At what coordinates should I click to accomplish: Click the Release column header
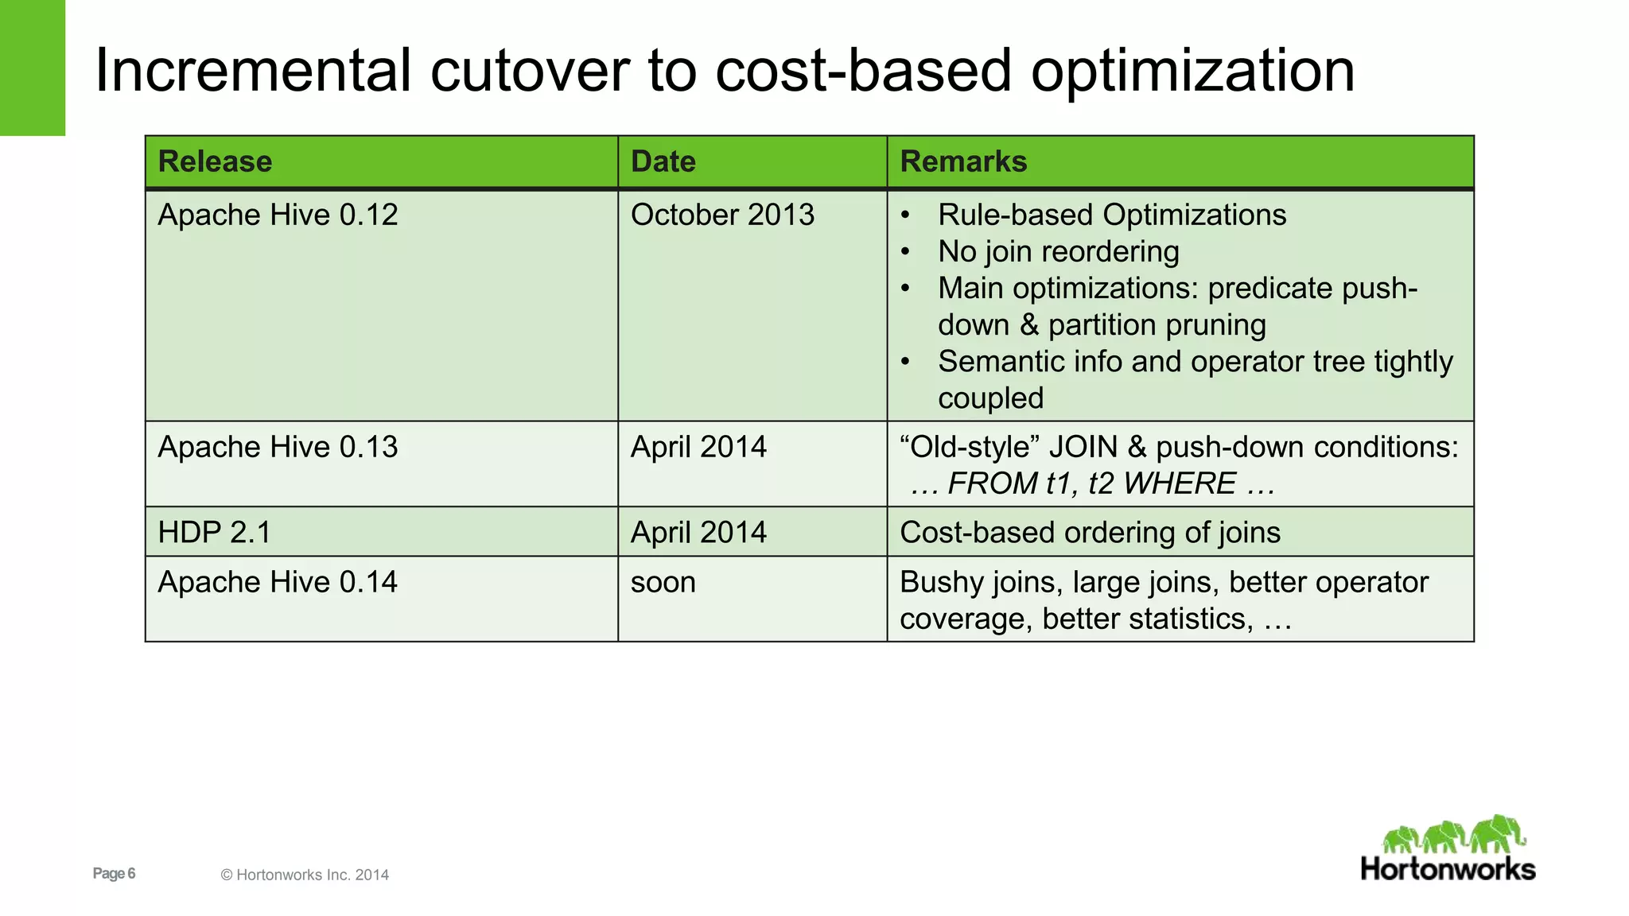click(215, 162)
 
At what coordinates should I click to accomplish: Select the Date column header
click(663, 162)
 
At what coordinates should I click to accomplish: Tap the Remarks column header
click(963, 162)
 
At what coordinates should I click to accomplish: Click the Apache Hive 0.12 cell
click(278, 215)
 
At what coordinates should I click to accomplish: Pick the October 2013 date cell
click(722, 215)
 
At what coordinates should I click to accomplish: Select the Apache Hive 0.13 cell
click(278, 448)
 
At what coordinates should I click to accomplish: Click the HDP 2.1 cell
click(214, 533)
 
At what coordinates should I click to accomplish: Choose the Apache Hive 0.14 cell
click(278, 583)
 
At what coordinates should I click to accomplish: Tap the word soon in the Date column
click(663, 583)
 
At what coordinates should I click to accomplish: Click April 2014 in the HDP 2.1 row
click(698, 533)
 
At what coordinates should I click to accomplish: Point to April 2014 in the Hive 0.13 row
click(698, 448)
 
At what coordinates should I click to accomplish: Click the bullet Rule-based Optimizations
click(1111, 215)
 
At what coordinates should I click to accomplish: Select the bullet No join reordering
click(1058, 252)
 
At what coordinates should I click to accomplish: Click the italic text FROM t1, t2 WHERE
click(1092, 484)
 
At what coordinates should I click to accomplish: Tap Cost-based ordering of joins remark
click(1090, 533)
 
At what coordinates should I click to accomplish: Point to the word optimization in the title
click(1192, 72)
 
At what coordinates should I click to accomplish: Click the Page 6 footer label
click(114, 874)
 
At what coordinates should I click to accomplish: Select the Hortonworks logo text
click(1448, 869)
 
